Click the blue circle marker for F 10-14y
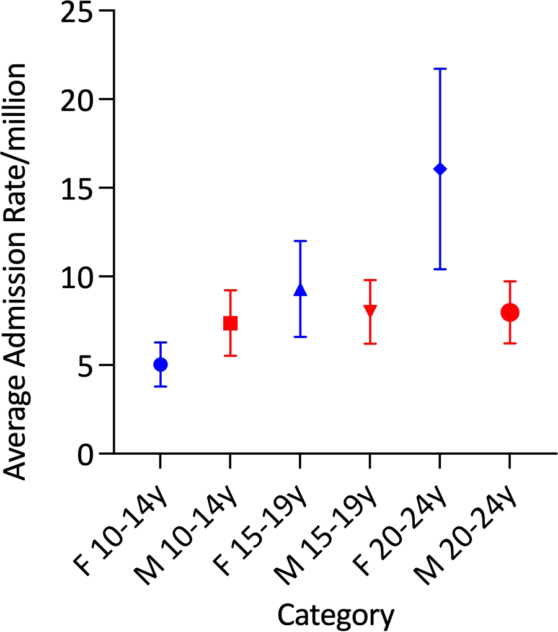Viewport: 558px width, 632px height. (x=160, y=364)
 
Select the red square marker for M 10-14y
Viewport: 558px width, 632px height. (x=230, y=323)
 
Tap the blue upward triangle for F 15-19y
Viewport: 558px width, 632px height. (x=300, y=289)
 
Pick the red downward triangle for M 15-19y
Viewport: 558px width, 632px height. (x=370, y=310)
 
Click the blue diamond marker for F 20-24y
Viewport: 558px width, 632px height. (x=440, y=169)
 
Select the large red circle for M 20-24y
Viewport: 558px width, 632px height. (x=510, y=312)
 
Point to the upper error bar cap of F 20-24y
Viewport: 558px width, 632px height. (x=440, y=69)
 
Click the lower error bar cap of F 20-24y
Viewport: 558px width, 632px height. (x=440, y=269)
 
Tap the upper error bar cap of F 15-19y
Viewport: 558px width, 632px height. (x=300, y=241)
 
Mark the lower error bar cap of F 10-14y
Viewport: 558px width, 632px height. (x=160, y=387)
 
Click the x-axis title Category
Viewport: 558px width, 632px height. (x=335, y=615)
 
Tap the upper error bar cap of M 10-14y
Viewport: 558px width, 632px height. (x=230, y=290)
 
